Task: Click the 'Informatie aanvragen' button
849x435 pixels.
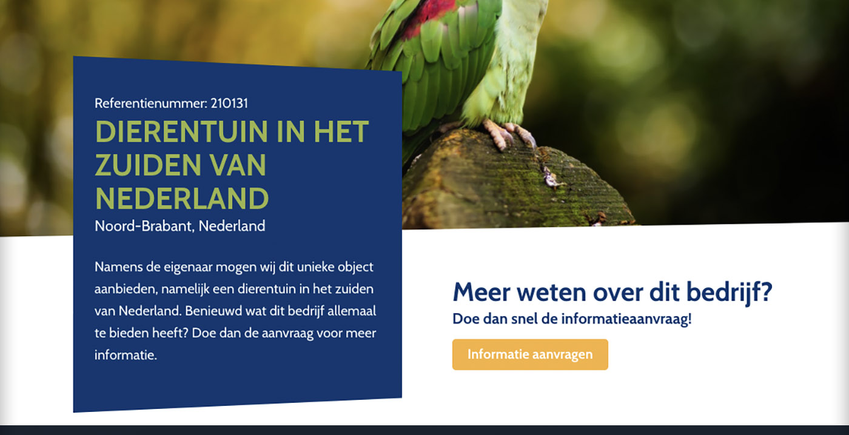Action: coord(530,354)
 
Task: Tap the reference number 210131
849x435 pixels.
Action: coord(229,104)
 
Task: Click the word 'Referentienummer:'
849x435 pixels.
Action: coord(151,104)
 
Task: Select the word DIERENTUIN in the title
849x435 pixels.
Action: coord(181,131)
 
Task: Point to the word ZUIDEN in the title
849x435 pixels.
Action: coord(148,165)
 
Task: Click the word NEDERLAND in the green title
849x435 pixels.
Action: coord(182,198)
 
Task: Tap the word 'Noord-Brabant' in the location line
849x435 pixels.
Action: coord(144,226)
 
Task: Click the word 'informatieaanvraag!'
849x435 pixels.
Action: coord(626,319)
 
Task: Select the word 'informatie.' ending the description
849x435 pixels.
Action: coord(126,355)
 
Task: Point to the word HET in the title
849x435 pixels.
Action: coord(341,131)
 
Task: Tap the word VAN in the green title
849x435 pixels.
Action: coord(238,165)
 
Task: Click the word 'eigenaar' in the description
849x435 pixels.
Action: coord(188,268)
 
